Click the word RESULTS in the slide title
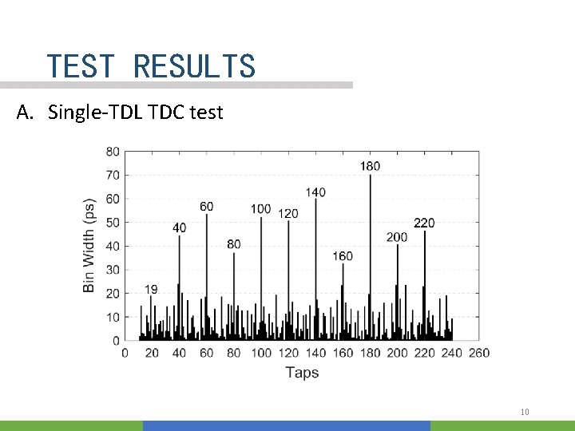[194, 66]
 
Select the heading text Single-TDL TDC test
[135, 113]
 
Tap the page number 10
[525, 412]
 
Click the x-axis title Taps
[302, 373]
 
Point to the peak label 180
[370, 166]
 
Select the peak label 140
[315, 192]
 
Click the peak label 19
[151, 289]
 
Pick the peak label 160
[343, 256]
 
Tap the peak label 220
[424, 223]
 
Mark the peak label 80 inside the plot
[233, 244]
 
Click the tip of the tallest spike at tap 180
[370, 176]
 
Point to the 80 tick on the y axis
[113, 152]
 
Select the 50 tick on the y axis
[113, 223]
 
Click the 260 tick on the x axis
[479, 353]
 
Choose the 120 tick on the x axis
[288, 353]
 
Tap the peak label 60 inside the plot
[206, 207]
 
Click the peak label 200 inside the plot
[397, 237]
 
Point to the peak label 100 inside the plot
[260, 209]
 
